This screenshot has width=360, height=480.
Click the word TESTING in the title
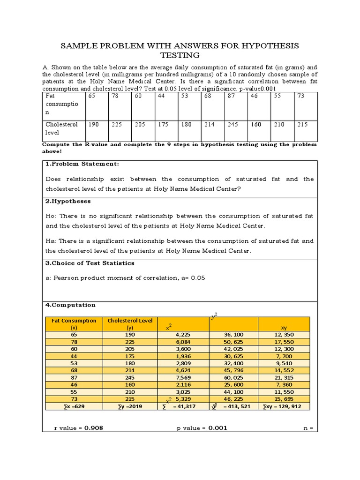click(x=180, y=55)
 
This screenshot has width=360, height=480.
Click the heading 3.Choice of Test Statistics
click(x=90, y=263)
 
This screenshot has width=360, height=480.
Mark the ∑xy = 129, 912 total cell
click(x=284, y=406)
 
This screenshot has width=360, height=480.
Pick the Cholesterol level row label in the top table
click(x=61, y=128)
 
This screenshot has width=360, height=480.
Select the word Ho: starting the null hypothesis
click(x=51, y=216)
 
